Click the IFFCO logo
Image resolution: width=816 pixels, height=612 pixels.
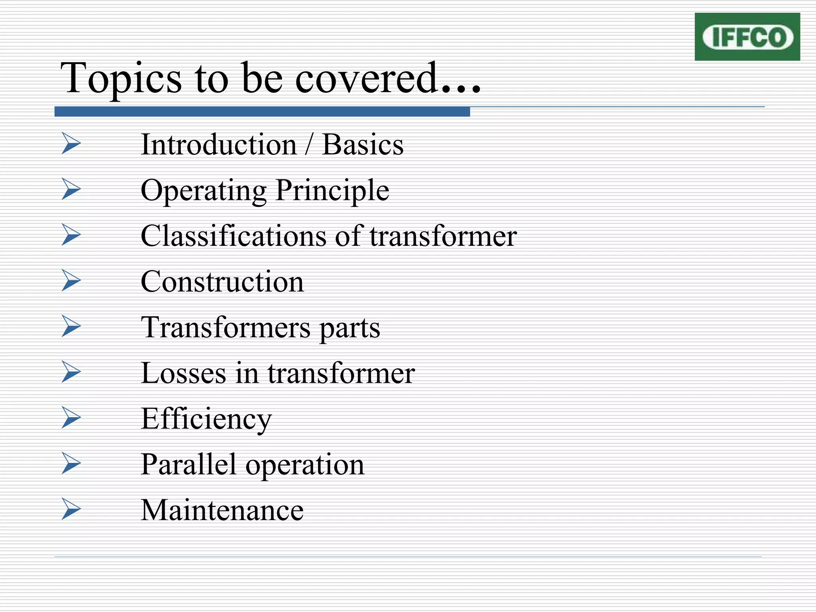click(747, 37)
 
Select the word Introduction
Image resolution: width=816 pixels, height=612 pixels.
click(219, 144)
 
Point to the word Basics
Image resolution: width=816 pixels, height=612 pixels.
click(363, 144)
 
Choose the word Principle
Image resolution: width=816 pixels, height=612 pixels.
click(332, 190)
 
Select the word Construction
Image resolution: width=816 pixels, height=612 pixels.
click(222, 282)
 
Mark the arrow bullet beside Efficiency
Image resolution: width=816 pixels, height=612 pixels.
click(71, 418)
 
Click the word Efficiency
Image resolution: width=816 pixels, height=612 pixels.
click(206, 419)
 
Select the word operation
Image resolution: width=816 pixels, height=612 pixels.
click(305, 465)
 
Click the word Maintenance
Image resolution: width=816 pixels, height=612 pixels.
click(222, 510)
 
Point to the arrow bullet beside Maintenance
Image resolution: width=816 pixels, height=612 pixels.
click(71, 509)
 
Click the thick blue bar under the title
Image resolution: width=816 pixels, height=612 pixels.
click(262, 112)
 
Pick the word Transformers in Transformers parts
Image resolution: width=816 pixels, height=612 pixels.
click(226, 328)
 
